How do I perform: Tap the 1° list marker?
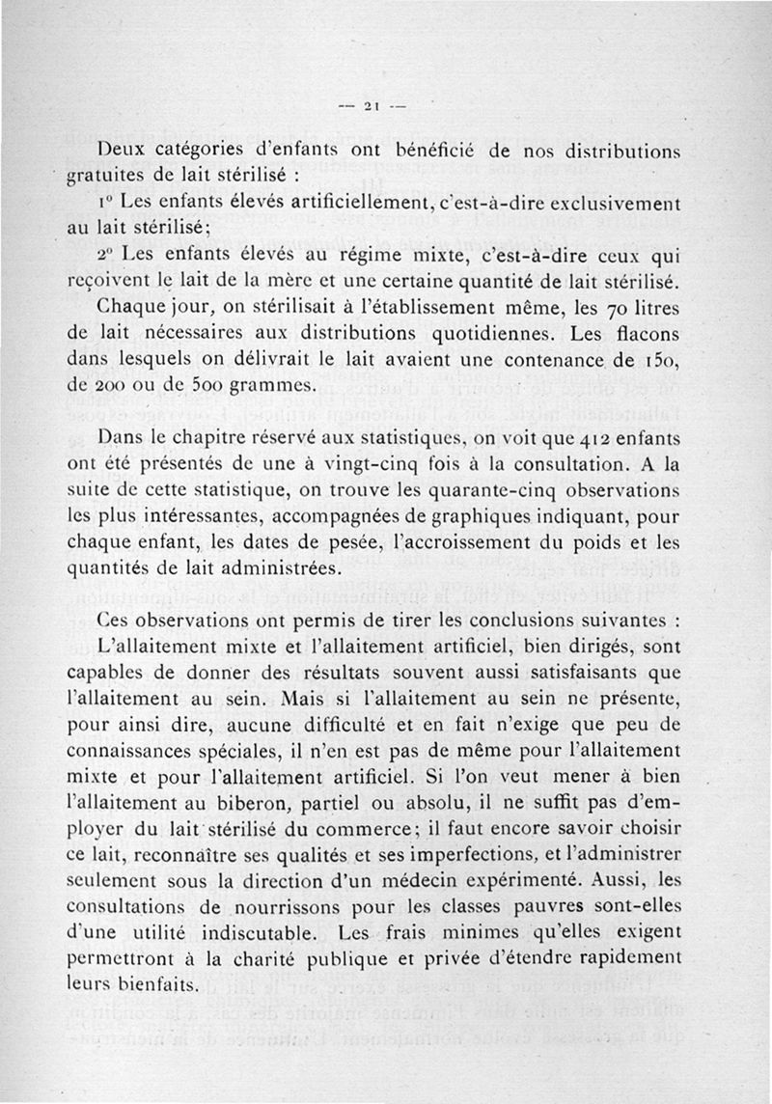[108, 204]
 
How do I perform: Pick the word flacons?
[648, 336]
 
